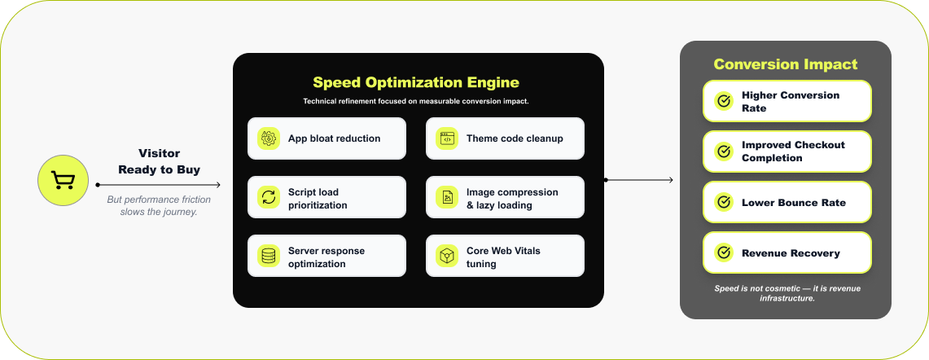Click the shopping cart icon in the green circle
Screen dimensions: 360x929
coord(63,180)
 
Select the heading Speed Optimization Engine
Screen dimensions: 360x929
coord(416,82)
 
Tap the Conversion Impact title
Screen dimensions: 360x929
coord(785,64)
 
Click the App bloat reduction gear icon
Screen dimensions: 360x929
coord(268,138)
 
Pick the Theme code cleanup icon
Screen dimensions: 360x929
coord(446,138)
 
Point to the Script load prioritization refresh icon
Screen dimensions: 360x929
coord(268,197)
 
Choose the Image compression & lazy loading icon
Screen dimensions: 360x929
coord(446,197)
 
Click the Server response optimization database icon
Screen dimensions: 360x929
coord(268,256)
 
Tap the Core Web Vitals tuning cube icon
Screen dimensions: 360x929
coord(446,256)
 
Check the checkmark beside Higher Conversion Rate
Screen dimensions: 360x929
coord(723,101)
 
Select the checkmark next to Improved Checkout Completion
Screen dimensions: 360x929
coord(723,151)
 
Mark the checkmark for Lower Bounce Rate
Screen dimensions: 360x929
coord(723,202)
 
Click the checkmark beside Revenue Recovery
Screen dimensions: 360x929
coord(723,252)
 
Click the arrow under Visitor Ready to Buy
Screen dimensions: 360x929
coord(159,185)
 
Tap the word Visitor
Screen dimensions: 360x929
coord(159,152)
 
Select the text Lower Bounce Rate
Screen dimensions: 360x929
coord(793,202)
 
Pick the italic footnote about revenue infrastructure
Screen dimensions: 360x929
coord(785,293)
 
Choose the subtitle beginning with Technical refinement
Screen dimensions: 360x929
coord(416,102)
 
